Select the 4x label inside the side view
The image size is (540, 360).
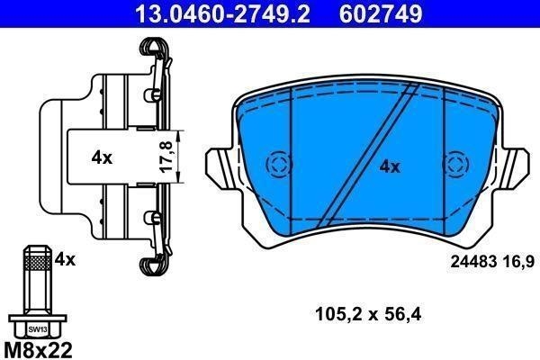tap(102, 157)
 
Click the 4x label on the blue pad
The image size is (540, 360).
tap(389, 166)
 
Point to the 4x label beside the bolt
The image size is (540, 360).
tap(64, 259)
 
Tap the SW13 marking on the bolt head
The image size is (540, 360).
tap(35, 328)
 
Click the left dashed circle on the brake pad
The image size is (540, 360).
tap(278, 164)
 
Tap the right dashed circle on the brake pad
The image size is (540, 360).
tap(456, 164)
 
